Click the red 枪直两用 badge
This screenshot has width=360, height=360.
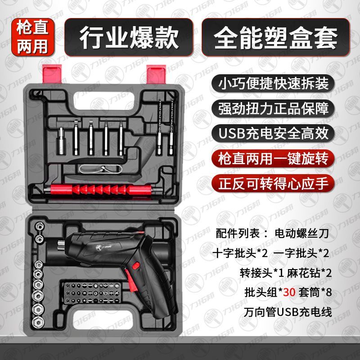(32, 37)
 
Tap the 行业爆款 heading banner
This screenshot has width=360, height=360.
(129, 37)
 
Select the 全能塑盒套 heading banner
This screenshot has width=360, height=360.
(275, 37)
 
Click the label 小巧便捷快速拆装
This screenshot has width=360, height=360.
(273, 83)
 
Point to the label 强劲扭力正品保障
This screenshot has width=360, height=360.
(273, 108)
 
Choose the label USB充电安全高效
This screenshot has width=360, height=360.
(273, 133)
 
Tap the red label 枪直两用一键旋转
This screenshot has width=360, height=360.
(273, 158)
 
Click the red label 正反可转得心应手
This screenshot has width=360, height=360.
(273, 184)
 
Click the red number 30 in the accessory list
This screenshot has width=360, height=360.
(289, 292)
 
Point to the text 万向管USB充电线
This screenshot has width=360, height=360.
(288, 312)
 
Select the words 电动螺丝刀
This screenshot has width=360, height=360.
(301, 233)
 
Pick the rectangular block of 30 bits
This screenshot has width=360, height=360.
(93, 294)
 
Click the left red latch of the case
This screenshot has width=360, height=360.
(52, 73)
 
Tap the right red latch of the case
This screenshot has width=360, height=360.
(156, 74)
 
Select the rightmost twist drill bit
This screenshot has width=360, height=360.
(171, 128)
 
